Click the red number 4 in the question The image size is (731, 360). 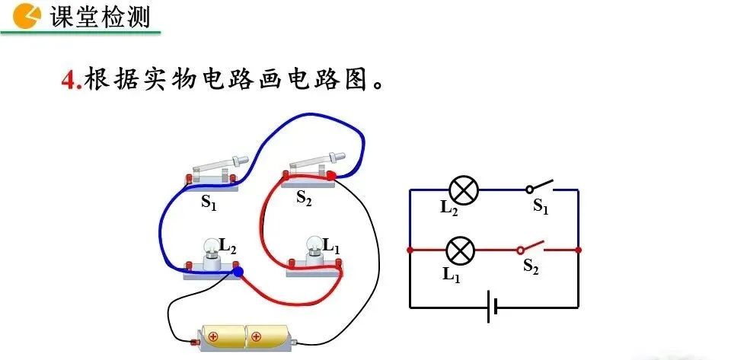tap(70, 80)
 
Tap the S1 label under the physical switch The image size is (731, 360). tap(209, 202)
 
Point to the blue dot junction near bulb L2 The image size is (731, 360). tap(238, 271)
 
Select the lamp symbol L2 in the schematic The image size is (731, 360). tap(462, 190)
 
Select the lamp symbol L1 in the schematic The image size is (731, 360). tap(459, 250)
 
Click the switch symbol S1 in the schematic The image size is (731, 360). tap(539, 186)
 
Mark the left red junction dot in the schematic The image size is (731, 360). tap(410, 250)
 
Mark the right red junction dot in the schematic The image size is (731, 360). tap(578, 250)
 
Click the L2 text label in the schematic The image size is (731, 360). tap(448, 209)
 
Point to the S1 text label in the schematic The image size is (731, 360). tap(540, 206)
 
